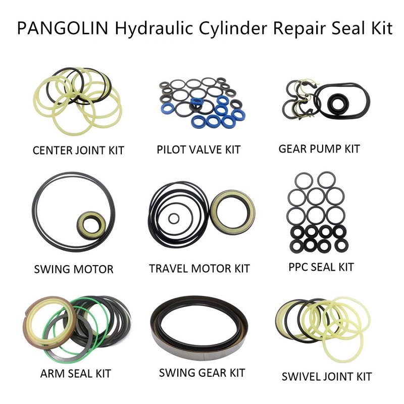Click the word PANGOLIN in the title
(63, 28)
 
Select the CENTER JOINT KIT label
(79, 150)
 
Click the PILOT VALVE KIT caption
(198, 149)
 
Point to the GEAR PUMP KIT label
(319, 148)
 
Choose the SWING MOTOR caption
(74, 269)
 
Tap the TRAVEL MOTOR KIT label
(199, 269)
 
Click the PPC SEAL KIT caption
(321, 267)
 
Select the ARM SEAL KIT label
(75, 373)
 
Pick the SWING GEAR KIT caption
(201, 373)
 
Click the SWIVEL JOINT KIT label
(326, 376)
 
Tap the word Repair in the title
(299, 29)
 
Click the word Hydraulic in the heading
(154, 28)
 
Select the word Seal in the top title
(349, 28)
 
